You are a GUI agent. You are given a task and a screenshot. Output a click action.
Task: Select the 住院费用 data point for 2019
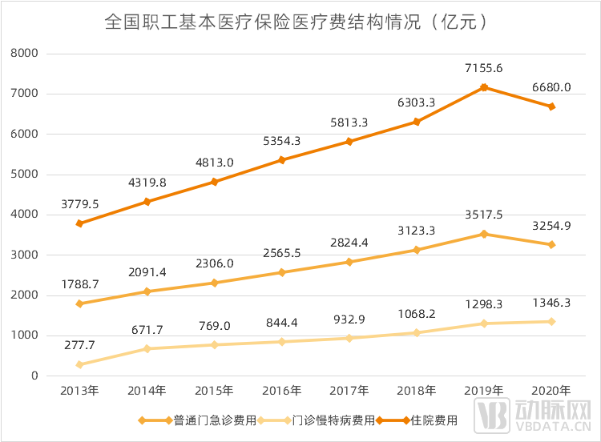coord(484,87)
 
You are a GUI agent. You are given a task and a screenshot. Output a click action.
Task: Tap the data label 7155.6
coord(484,68)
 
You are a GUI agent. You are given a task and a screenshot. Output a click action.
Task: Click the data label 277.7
coord(80,344)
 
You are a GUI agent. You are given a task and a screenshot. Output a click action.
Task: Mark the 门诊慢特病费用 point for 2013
coord(80,364)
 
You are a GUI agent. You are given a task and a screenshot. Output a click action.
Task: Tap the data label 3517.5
coord(484,215)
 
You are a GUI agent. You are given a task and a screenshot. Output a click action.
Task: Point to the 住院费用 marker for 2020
coord(552,106)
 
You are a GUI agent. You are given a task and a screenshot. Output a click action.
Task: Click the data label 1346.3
coord(552,303)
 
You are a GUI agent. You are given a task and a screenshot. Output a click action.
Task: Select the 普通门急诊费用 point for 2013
coord(80,303)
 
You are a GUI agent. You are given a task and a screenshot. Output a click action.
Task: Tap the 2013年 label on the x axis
coord(80,392)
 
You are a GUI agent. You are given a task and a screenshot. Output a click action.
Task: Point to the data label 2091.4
coord(147,272)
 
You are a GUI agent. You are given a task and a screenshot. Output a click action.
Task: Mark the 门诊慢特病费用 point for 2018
coord(417,332)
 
